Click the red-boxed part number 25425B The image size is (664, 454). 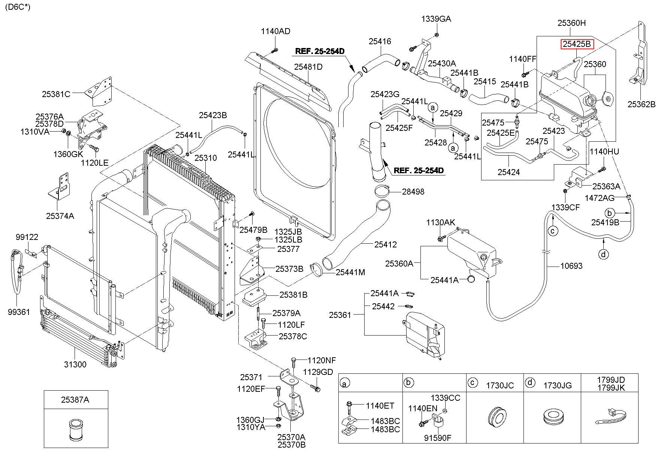577,44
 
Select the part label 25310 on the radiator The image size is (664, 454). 205,158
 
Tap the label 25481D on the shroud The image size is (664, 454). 308,67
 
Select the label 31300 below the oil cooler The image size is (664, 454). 75,364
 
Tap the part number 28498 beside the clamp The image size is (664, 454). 413,192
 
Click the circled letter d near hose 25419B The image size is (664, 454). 603,254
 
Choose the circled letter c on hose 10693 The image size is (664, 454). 553,230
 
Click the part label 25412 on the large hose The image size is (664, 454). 385,244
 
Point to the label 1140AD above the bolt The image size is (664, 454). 276,31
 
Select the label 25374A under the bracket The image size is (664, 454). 60,216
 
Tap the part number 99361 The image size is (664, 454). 18,312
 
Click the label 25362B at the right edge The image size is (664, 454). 642,104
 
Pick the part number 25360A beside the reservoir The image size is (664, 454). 399,264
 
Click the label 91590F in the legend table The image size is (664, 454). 438,438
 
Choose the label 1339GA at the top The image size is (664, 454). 436,19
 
